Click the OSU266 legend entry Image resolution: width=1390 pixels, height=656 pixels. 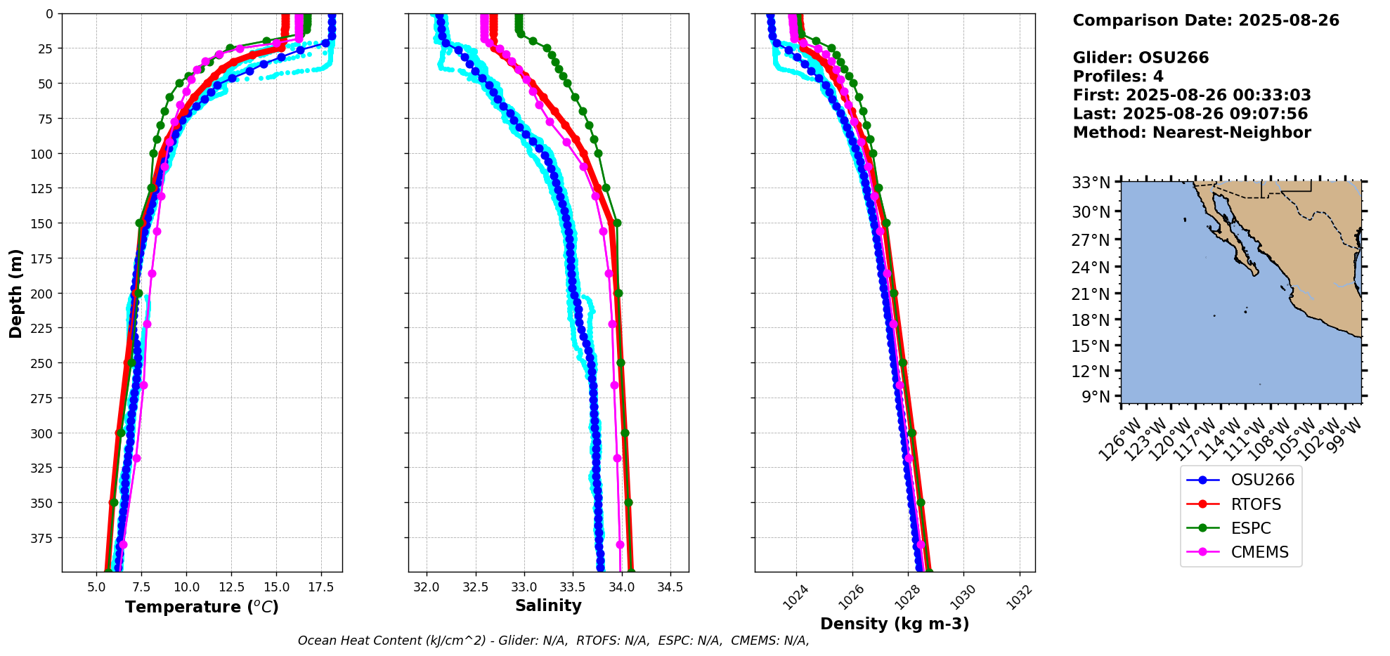(1261, 480)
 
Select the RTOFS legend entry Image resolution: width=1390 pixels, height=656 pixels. (1255, 504)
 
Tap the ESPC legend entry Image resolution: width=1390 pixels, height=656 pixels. (1250, 528)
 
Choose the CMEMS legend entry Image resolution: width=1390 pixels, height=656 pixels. (1259, 552)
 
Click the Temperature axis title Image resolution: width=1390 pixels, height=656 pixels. (202, 607)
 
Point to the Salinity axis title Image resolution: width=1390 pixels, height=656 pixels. (548, 605)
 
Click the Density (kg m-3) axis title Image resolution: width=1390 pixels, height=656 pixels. (895, 624)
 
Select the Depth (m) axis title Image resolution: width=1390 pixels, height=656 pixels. (15, 293)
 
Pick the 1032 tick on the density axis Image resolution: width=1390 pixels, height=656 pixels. (1020, 597)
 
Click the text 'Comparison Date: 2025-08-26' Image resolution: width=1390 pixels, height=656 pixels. (1206, 20)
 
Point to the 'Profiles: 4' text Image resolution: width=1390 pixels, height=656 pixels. (1118, 77)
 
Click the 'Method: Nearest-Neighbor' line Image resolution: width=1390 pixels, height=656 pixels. (1192, 133)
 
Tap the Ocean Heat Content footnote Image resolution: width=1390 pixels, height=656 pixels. (553, 641)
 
